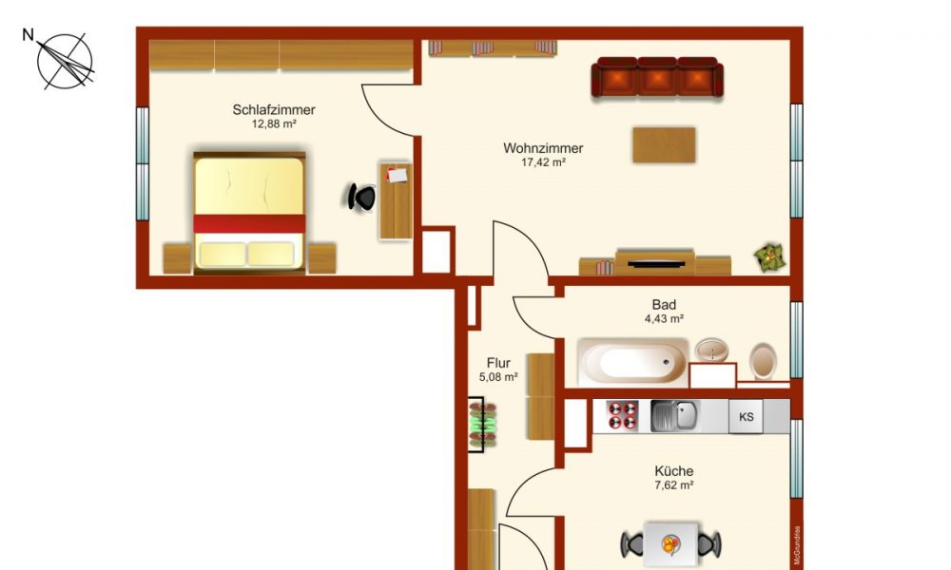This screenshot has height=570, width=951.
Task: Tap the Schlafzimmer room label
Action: [x=274, y=110]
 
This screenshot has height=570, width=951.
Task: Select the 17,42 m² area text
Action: [x=543, y=162]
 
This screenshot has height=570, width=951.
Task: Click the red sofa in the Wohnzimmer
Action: [x=657, y=78]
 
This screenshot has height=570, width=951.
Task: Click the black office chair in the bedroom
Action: [x=361, y=197]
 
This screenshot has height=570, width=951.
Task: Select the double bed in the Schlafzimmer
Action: [x=249, y=211]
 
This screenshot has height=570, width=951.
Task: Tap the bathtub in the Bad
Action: [x=632, y=363]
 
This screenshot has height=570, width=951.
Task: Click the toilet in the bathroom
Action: [x=763, y=361]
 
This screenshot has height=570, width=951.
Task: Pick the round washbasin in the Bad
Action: [x=711, y=351]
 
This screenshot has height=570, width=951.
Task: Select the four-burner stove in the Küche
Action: [x=623, y=415]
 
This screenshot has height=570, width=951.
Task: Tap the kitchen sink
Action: [x=673, y=415]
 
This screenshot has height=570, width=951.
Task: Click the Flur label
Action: [x=498, y=363]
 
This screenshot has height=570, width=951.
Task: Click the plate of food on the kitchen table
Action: [x=670, y=544]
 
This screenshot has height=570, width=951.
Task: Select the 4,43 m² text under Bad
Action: [x=664, y=319]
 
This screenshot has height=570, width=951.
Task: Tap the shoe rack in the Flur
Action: [x=482, y=425]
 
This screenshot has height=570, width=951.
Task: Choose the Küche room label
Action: [x=673, y=471]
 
